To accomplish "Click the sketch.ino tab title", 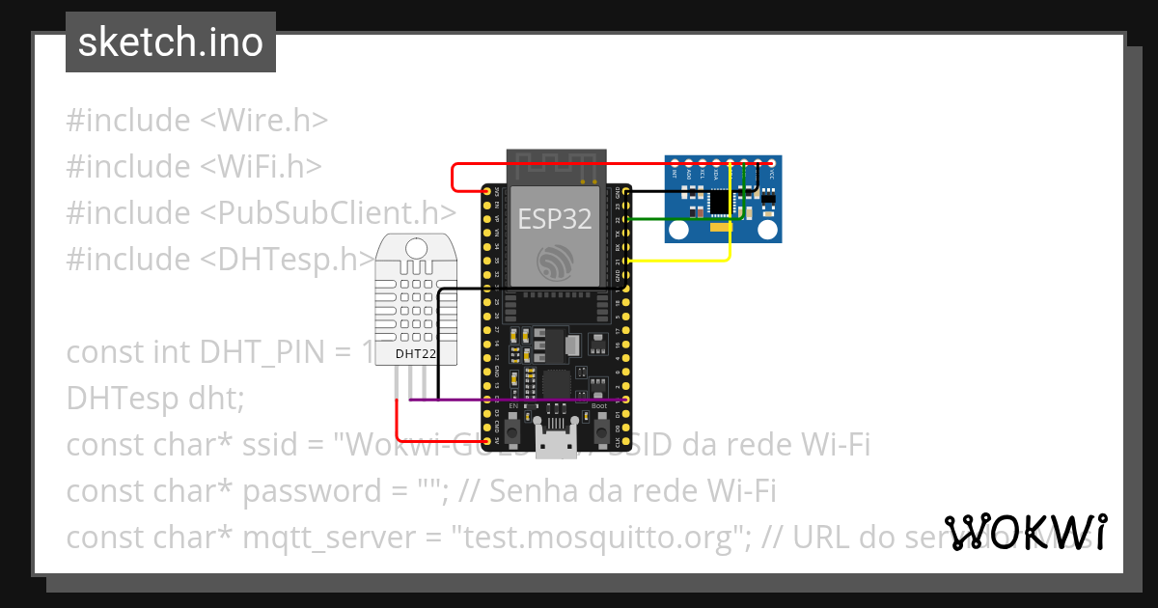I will pos(170,42).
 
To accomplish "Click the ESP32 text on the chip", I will pos(555,219).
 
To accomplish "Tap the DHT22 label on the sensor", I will pos(416,354).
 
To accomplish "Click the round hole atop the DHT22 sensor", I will pos(416,248).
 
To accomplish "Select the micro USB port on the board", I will pos(556,446).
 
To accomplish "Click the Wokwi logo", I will pos(1026,532).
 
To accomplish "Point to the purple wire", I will pos(521,400).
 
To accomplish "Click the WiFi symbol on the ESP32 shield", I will pos(555,261).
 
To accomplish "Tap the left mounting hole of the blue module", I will pos(679,230).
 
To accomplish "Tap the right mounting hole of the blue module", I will pos(768,230).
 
